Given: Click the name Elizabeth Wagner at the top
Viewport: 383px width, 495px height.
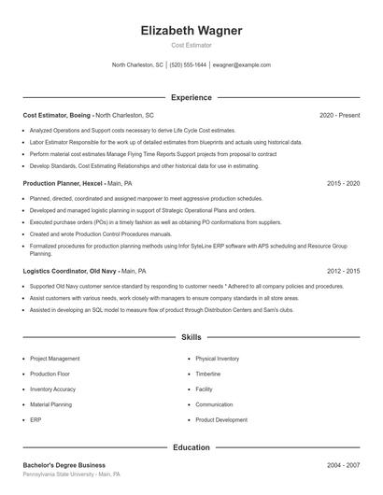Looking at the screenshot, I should [x=191, y=31].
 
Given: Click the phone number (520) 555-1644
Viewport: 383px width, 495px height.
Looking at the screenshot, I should [x=188, y=65].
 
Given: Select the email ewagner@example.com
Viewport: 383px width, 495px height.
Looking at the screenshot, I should [x=241, y=65].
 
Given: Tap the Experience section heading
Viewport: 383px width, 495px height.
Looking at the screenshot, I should [x=191, y=97].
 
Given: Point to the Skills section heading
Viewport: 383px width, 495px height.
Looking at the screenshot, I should [x=191, y=336].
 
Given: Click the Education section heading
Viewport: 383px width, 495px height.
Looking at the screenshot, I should [x=191, y=447].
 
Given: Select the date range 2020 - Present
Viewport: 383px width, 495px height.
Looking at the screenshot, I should [x=339, y=115].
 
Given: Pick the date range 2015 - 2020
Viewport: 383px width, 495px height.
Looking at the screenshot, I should [x=343, y=184].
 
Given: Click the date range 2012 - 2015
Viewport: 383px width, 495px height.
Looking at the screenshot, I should [x=343, y=271].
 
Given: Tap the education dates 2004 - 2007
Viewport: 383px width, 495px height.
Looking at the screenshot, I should [x=343, y=464].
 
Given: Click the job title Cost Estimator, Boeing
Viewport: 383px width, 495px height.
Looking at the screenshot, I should [x=57, y=115].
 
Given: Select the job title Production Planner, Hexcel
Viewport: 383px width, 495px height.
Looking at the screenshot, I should [x=62, y=184].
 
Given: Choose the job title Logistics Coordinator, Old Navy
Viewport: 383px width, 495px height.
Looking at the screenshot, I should [x=69, y=271].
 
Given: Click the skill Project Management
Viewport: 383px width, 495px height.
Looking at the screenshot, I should [x=54, y=359].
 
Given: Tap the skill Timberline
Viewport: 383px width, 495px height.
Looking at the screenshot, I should [x=208, y=374].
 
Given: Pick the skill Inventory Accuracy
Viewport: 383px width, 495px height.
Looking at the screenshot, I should [x=52, y=389].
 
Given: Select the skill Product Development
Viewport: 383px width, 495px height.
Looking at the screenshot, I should [x=221, y=420].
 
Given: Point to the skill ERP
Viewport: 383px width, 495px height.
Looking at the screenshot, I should [x=35, y=420].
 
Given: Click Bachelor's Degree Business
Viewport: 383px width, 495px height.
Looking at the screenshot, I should [x=64, y=464].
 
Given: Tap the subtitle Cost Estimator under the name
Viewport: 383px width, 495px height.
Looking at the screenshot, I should [x=191, y=45].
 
